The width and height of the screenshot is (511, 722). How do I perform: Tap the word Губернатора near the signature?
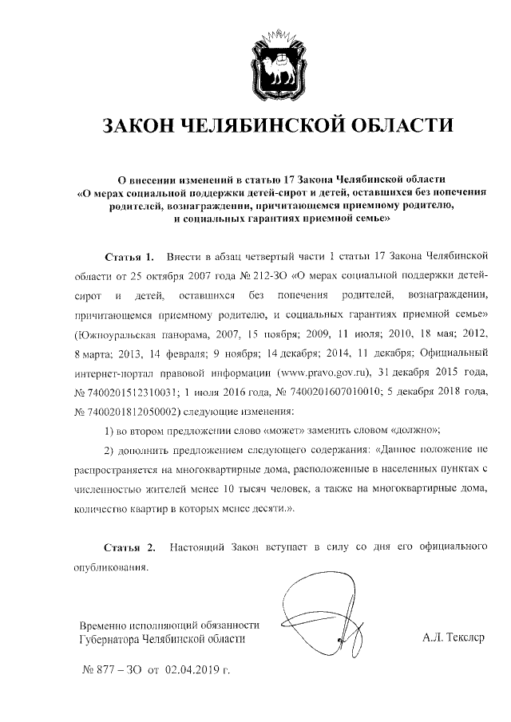pyautogui.click(x=108, y=639)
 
